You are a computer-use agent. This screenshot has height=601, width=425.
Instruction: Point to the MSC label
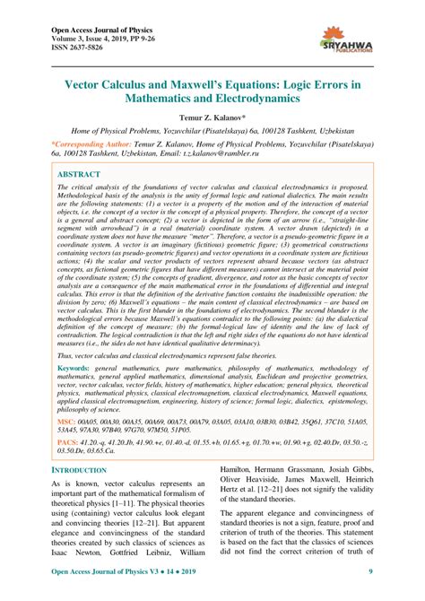pos(67,446)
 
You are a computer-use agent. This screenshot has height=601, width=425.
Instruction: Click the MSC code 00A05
pos(92,446)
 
